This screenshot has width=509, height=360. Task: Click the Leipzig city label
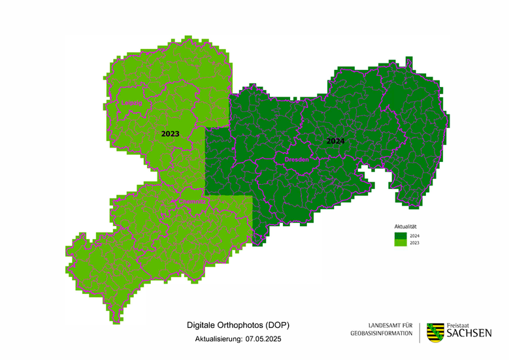[131, 103]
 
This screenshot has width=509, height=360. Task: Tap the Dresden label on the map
[296, 159]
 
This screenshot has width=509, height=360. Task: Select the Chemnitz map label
[192, 202]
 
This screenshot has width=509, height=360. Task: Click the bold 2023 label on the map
[170, 133]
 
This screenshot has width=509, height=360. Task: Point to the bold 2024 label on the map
[336, 140]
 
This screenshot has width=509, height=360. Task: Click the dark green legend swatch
[399, 235]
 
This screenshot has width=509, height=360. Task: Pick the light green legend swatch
[399, 242]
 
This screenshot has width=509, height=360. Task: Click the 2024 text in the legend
[415, 235]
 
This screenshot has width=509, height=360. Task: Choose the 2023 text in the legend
[415, 242]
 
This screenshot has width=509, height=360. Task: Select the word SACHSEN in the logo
[469, 334]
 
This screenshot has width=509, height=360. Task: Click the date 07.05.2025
[265, 340]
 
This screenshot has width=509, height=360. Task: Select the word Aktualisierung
[218, 340]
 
